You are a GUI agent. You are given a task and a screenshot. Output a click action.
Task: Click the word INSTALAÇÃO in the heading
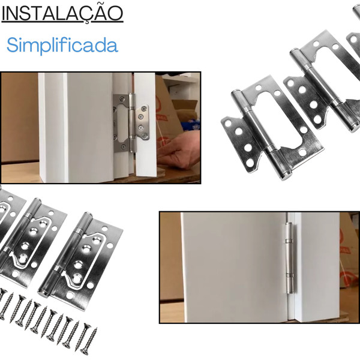[62, 14]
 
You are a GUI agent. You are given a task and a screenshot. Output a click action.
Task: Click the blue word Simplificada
[62, 45]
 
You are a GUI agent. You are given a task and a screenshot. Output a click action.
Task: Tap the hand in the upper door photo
[178, 151]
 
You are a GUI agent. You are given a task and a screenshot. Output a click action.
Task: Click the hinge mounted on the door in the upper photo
[131, 123]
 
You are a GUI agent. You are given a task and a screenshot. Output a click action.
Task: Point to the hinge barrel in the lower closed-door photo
[290, 257]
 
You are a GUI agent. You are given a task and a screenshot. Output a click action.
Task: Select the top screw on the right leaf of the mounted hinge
[145, 108]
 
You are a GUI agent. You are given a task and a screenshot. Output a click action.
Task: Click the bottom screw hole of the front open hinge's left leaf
[250, 163]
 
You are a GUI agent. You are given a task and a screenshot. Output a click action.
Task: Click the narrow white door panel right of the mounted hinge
[145, 124]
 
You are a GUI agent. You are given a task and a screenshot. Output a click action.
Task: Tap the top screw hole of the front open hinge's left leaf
[228, 124]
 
